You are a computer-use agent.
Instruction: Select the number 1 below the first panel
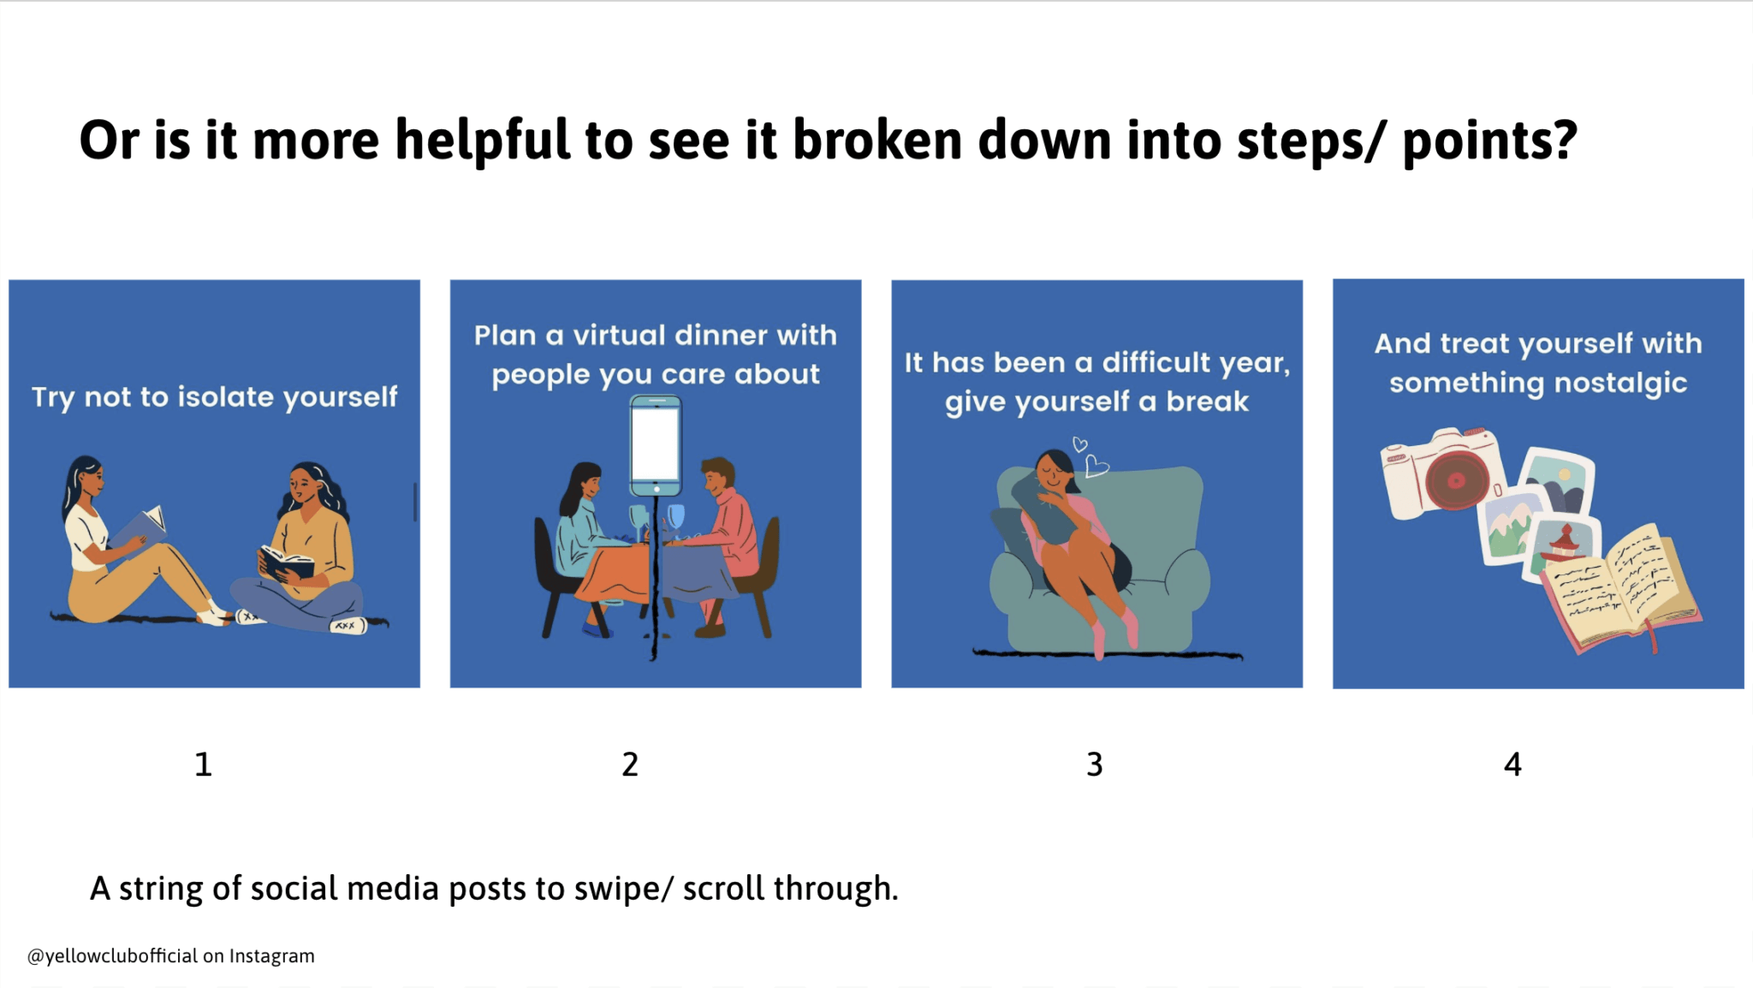tap(203, 764)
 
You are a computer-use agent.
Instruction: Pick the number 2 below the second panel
tap(630, 764)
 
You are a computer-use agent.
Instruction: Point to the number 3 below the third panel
tap(1095, 764)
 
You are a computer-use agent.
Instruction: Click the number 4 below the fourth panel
tap(1512, 764)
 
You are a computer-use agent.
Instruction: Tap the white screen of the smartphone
tap(656, 445)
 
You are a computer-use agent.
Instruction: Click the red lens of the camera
tap(1456, 479)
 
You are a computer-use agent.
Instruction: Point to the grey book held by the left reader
tap(140, 527)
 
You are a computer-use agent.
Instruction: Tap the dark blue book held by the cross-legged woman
tap(286, 562)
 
